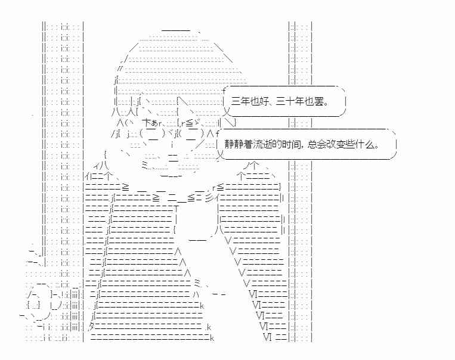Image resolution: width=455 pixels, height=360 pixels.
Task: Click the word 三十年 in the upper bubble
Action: click(x=290, y=101)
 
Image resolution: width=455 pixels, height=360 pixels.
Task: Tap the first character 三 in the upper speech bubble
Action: click(x=236, y=101)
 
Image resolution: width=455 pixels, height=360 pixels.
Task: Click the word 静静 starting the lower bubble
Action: click(x=234, y=144)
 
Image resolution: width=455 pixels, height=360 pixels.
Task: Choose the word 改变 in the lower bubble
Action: click(x=336, y=144)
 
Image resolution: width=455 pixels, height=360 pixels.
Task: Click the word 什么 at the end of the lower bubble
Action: click(x=364, y=144)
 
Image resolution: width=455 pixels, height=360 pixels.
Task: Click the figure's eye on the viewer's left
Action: click(x=153, y=134)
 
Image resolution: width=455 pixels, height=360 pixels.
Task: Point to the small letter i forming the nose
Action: click(x=172, y=144)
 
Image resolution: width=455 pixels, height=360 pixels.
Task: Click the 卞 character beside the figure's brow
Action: click(x=147, y=123)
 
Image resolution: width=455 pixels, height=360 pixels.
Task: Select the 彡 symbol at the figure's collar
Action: click(x=208, y=198)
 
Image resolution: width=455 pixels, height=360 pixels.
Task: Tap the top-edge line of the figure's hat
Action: click(x=176, y=30)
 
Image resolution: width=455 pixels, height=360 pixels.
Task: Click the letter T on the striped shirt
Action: click(x=176, y=208)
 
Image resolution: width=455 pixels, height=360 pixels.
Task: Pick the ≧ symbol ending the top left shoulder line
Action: click(x=125, y=187)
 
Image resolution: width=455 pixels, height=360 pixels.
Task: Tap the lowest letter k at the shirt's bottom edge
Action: click(x=212, y=338)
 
